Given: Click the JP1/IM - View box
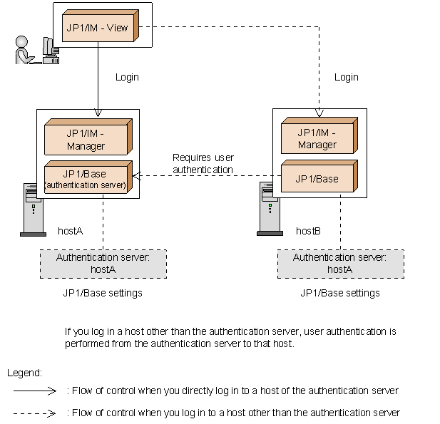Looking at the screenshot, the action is point(101,26).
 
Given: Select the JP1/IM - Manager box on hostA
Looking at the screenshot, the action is point(88,137).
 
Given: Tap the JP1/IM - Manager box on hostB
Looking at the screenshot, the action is point(319,135).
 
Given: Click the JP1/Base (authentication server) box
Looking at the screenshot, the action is point(88,177).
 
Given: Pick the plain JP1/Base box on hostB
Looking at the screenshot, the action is point(319,176).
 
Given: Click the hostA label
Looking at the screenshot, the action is point(70,231).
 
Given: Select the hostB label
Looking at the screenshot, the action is point(308,231).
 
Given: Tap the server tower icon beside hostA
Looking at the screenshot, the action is point(33,210).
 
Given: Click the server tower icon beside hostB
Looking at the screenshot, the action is point(270,209).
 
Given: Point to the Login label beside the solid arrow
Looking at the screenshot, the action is point(127,77).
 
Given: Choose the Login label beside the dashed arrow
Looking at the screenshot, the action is point(347,77).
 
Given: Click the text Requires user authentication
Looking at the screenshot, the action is point(203,163).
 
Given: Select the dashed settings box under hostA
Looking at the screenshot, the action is point(103,264).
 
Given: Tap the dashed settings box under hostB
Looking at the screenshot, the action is point(341,264).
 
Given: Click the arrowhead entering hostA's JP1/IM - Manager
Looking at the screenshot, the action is point(98,113).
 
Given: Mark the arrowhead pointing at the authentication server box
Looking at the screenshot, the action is point(137,176).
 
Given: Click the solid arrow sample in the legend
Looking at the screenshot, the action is point(35,391).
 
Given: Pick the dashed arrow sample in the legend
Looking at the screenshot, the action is point(35,413).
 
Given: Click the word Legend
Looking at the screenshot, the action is point(24,373).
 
